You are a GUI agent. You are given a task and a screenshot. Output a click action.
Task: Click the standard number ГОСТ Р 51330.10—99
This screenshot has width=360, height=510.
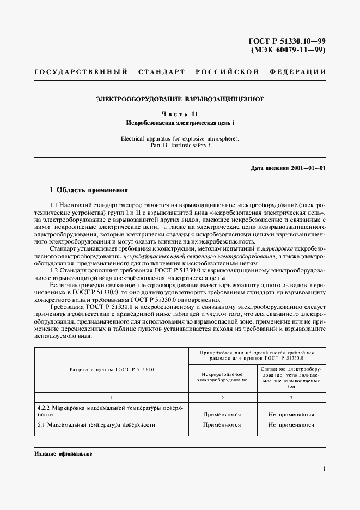point(286,40)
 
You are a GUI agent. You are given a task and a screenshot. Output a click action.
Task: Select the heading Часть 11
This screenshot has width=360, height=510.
point(180,114)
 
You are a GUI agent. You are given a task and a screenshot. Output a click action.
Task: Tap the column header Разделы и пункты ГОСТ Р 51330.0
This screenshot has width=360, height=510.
point(112,369)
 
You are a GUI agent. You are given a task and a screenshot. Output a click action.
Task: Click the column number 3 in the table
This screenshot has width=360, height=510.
point(291,398)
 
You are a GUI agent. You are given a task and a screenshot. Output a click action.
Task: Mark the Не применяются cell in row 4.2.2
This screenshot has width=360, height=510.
point(291,414)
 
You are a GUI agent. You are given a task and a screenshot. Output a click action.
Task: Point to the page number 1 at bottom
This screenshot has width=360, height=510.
point(324,469)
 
